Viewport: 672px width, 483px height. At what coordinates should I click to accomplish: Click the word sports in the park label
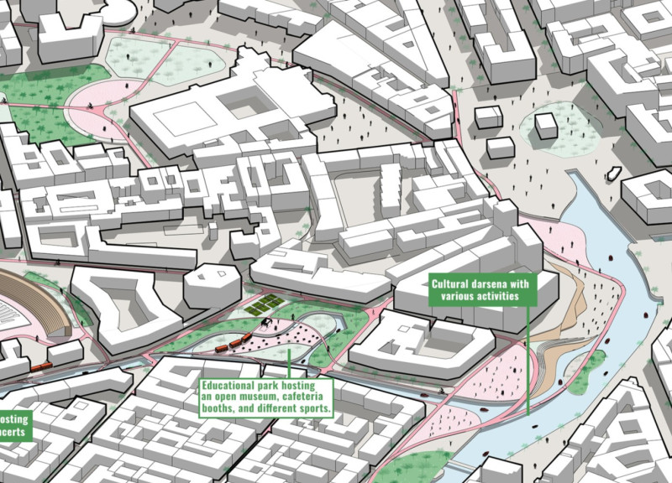click(311, 410)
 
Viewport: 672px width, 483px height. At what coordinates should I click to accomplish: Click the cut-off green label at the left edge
click(14, 424)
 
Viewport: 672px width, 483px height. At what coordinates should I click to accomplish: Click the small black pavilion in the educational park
click(266, 322)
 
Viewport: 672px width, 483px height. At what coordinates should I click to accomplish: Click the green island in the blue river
click(587, 369)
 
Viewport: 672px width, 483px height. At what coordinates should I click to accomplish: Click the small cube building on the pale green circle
click(547, 126)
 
